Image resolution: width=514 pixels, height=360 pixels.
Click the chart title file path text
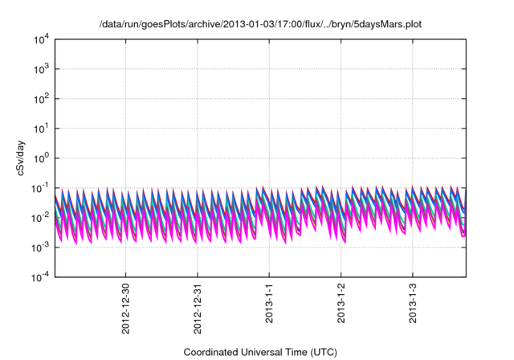(259, 24)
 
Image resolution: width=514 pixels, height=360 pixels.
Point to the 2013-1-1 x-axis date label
(269, 303)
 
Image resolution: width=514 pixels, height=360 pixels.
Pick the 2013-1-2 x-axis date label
(341, 303)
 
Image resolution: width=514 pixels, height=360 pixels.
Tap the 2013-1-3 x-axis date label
(413, 303)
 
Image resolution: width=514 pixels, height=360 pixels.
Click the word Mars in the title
(389, 24)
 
